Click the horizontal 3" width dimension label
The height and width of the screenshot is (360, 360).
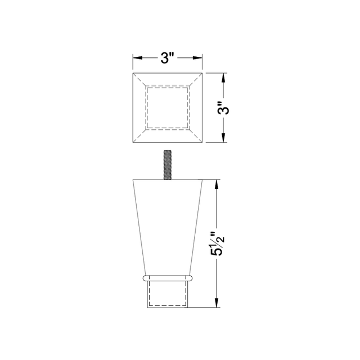[x=168, y=58]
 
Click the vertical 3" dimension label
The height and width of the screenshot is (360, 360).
[x=224, y=107]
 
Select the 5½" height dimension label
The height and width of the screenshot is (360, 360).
[x=217, y=244]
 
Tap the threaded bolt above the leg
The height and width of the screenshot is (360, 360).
[x=168, y=165]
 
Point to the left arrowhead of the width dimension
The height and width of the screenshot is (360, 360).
[x=137, y=58]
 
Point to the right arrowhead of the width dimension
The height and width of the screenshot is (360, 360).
[x=197, y=58]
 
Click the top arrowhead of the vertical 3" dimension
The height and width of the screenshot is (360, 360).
[x=224, y=78]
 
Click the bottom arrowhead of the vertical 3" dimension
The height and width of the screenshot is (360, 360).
[x=224, y=138]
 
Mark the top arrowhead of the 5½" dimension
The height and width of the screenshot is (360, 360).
[x=217, y=184]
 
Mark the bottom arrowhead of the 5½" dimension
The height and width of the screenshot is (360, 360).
[x=217, y=303]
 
